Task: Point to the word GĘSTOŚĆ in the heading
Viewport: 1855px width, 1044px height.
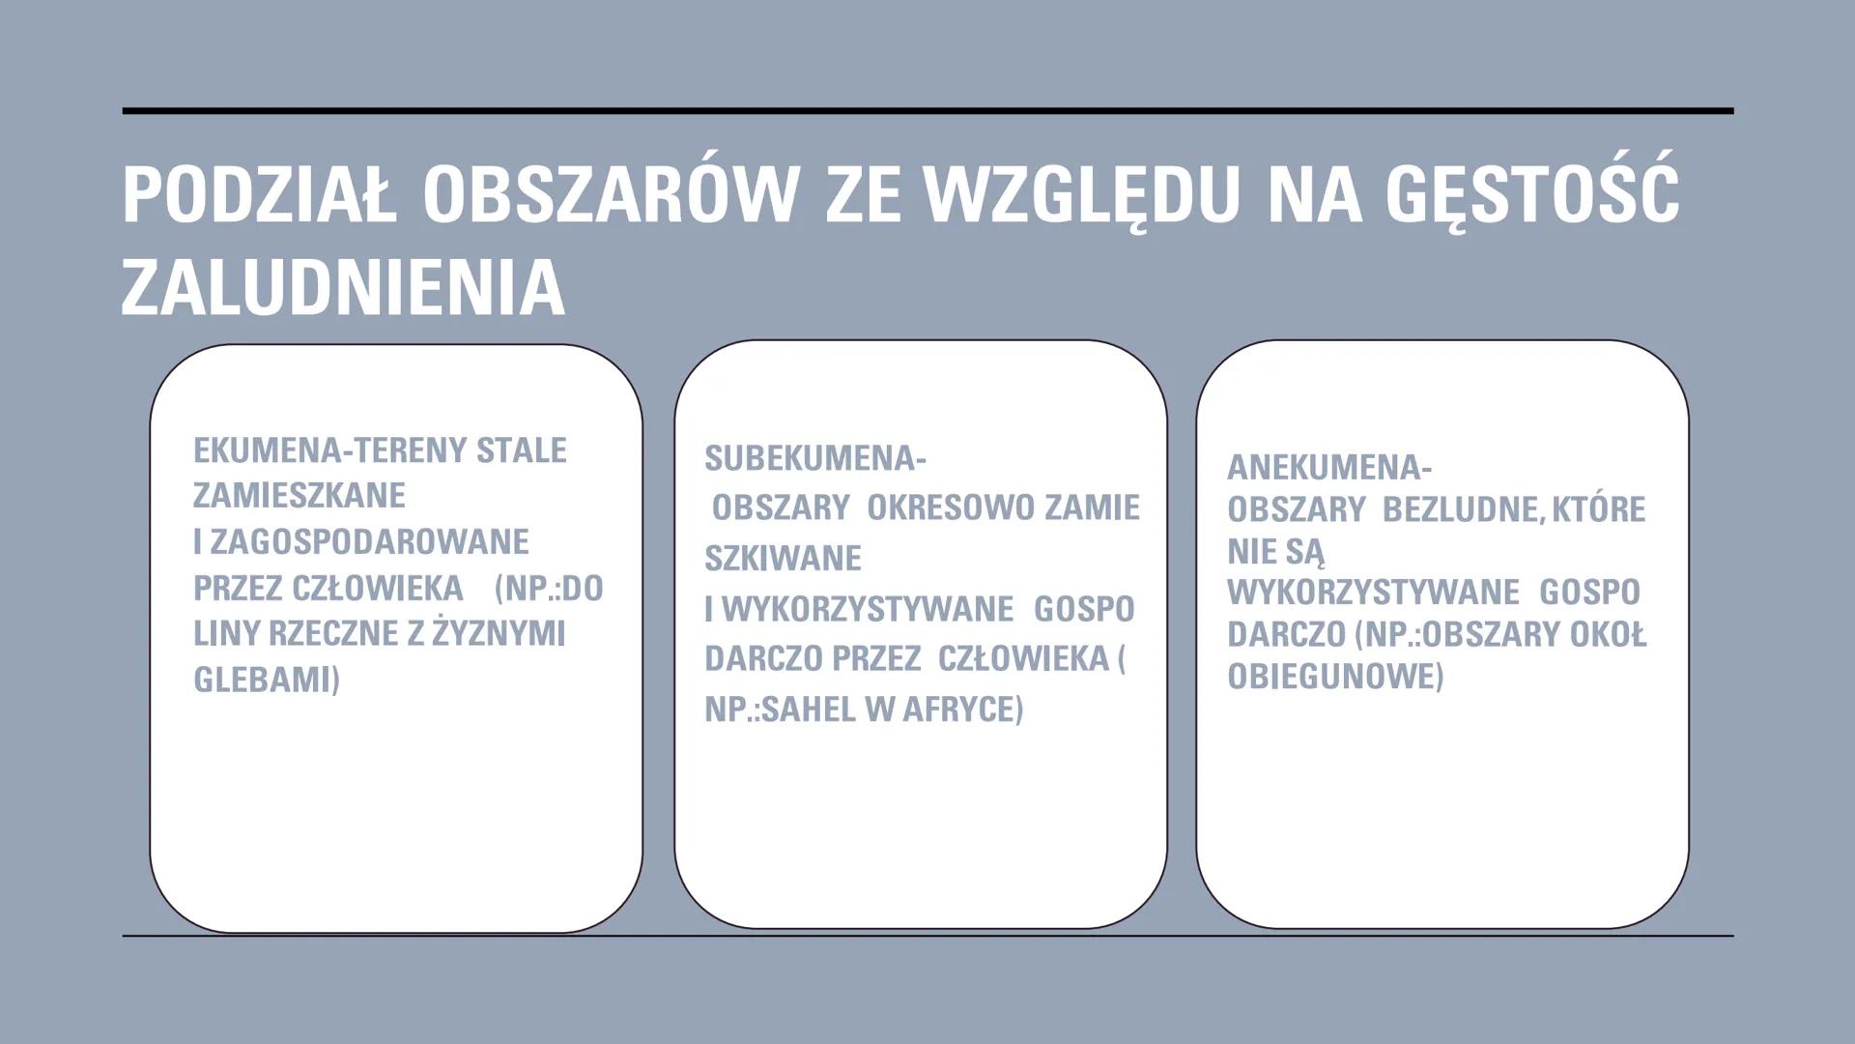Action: pos(1531,193)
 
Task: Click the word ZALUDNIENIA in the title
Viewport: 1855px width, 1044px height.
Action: pos(343,288)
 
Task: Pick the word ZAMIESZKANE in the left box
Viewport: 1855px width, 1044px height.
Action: pos(300,496)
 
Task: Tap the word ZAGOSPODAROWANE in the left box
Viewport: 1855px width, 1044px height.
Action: pos(369,542)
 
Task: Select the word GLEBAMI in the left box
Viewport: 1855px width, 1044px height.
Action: pos(266,680)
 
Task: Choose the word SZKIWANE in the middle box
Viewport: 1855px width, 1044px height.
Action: pos(783,559)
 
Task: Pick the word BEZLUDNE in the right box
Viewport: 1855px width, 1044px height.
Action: pos(1459,510)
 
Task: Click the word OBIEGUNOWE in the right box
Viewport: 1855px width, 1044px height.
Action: pos(1333,677)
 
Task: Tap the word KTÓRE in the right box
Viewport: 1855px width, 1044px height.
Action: pos(1599,510)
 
